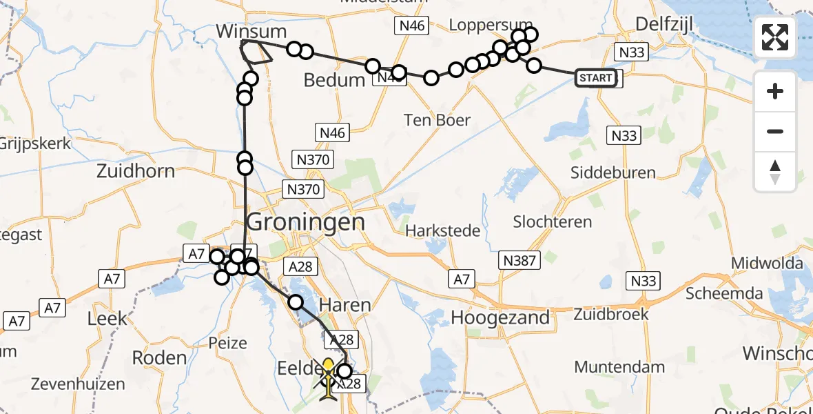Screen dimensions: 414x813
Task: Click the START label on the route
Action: click(x=595, y=78)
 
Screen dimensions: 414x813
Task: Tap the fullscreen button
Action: click(x=775, y=37)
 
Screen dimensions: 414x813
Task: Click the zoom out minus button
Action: click(x=775, y=131)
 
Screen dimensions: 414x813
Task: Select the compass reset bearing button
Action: click(x=775, y=172)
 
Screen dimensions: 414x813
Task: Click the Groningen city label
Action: click(x=305, y=222)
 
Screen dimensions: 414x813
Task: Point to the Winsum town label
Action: click(x=251, y=31)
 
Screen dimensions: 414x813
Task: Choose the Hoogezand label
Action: click(x=500, y=317)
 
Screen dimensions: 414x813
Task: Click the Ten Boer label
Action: click(x=438, y=120)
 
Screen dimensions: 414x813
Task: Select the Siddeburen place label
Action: click(x=613, y=172)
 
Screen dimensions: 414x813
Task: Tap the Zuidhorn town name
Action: click(x=136, y=170)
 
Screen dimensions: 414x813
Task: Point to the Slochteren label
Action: click(x=553, y=221)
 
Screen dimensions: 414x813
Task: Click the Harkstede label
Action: click(x=442, y=230)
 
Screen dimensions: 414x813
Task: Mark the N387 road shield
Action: click(x=520, y=260)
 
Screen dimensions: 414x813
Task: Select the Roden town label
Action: click(x=159, y=357)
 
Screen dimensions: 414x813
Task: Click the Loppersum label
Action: click(x=482, y=25)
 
